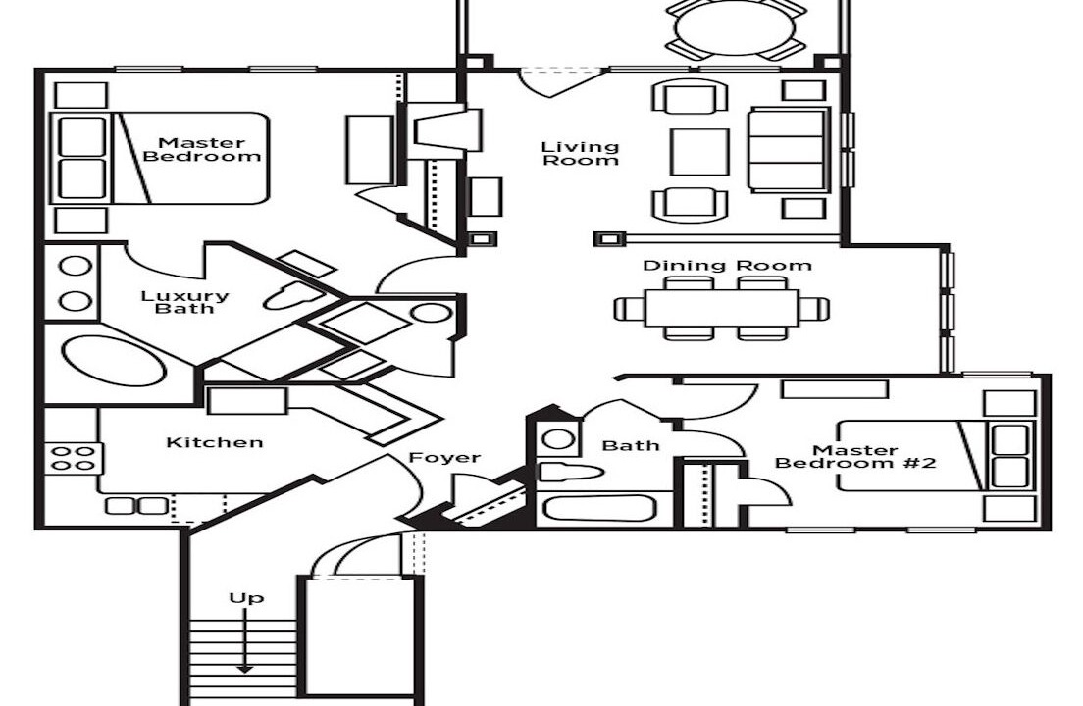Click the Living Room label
pyautogui.click(x=581, y=154)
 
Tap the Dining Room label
pyautogui.click(x=727, y=266)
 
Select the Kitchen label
pyautogui.click(x=215, y=442)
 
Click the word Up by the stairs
pyautogui.click(x=245, y=597)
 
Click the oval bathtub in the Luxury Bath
pyautogui.click(x=114, y=361)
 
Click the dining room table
pyautogui.click(x=721, y=308)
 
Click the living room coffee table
pyautogui.click(x=699, y=152)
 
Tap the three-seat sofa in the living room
pyautogui.click(x=788, y=150)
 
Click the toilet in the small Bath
pyautogui.click(x=568, y=472)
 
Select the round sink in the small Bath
pyautogui.click(x=557, y=439)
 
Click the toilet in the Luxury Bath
pyautogui.click(x=290, y=297)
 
